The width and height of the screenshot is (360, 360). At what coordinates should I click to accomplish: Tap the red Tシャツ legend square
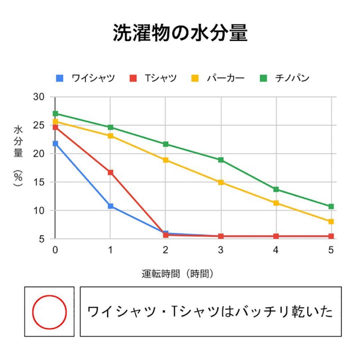[133, 79]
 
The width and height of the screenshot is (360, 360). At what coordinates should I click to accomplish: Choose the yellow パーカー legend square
[195, 79]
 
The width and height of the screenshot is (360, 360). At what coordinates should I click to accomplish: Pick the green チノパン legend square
[263, 79]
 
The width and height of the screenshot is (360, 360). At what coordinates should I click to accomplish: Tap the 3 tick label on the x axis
[221, 250]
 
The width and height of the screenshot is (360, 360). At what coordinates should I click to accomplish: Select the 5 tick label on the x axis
[331, 250]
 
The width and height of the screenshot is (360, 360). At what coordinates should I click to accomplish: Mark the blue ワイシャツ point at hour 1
[110, 206]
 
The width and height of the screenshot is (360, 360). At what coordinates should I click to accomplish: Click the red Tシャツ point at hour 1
[110, 172]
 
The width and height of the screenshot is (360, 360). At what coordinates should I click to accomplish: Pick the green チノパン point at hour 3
[221, 160]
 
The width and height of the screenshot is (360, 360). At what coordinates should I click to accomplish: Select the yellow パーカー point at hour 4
[276, 203]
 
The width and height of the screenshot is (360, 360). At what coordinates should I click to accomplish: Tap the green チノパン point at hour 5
[331, 206]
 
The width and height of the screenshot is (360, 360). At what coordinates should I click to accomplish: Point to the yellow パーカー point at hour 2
[166, 160]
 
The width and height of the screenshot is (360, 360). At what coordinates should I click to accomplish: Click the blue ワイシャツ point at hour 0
[55, 144]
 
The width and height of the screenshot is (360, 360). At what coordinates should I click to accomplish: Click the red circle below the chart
[49, 312]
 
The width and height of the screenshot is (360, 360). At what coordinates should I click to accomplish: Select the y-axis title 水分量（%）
[18, 157]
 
